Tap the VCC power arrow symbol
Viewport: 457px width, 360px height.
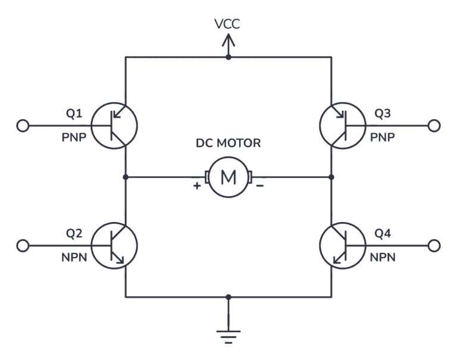pyautogui.click(x=228, y=43)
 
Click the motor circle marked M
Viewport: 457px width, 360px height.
pyautogui.click(x=228, y=177)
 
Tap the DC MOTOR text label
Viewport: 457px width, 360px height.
pyautogui.click(x=228, y=143)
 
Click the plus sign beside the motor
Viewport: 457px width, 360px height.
pyautogui.click(x=196, y=186)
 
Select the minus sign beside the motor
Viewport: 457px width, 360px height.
pyautogui.click(x=260, y=186)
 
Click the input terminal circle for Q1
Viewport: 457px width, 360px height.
pyautogui.click(x=23, y=126)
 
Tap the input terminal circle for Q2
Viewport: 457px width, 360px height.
pyautogui.click(x=23, y=245)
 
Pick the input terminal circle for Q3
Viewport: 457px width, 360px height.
pyautogui.click(x=434, y=126)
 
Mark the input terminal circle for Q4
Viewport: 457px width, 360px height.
pyautogui.click(x=434, y=245)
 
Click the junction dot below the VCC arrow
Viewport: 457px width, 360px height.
pyautogui.click(x=228, y=57)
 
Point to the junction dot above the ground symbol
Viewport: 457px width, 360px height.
pyautogui.click(x=228, y=296)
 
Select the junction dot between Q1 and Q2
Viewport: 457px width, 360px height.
pyautogui.click(x=126, y=177)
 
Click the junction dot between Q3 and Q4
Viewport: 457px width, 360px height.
pyautogui.click(x=331, y=177)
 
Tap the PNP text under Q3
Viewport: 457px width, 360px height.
pyautogui.click(x=382, y=137)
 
